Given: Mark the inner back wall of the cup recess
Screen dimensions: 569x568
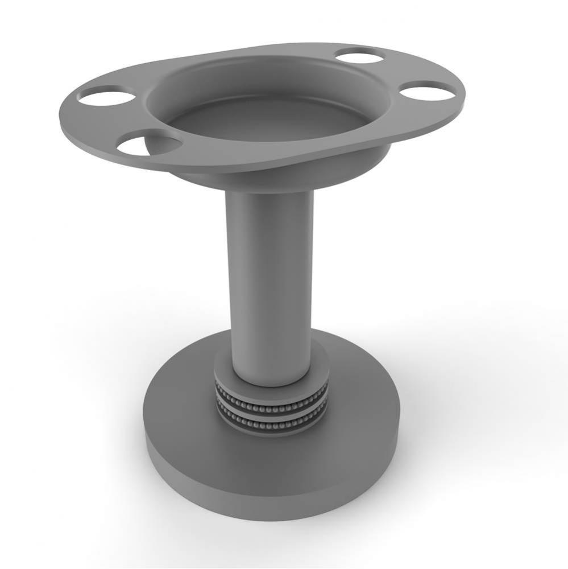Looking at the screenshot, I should click(x=267, y=80).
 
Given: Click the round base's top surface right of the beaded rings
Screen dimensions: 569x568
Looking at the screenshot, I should click(x=364, y=410).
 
